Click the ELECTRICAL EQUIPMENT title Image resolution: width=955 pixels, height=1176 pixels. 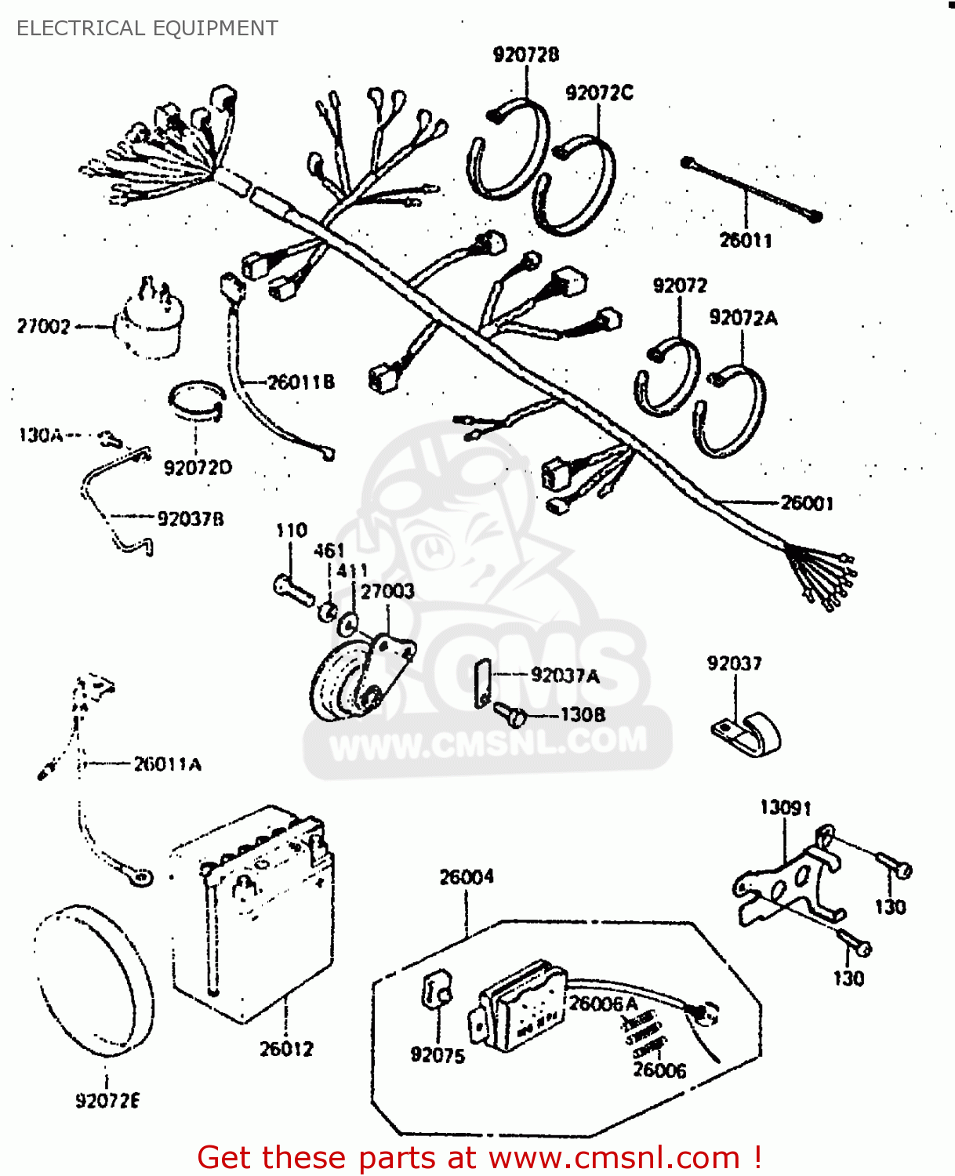tap(147, 28)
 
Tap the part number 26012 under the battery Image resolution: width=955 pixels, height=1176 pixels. tap(286, 1049)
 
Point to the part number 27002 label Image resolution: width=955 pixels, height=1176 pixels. tap(44, 326)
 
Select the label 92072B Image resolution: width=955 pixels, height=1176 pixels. tap(526, 54)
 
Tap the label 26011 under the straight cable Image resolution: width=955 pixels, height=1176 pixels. tap(746, 240)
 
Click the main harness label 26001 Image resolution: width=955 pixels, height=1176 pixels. tap(807, 503)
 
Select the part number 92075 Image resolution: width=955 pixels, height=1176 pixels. tap(438, 1055)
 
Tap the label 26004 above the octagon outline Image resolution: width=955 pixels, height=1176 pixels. tap(467, 877)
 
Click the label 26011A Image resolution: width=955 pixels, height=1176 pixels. tap(167, 764)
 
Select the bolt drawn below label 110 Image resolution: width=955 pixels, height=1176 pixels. tap(293, 588)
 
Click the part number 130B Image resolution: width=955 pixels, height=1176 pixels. tap(583, 714)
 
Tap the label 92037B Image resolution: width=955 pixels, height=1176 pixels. tap(191, 518)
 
